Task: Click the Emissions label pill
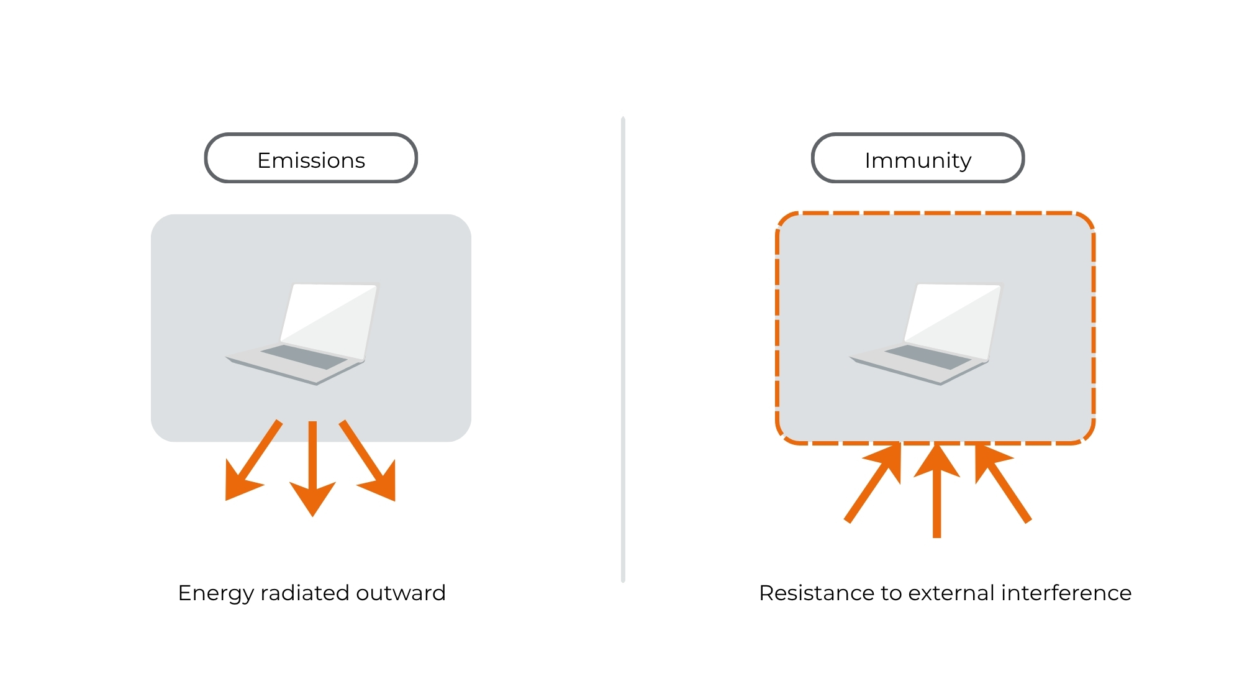tap(310, 158)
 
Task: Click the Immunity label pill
tap(917, 158)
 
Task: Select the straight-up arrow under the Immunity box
tap(936, 491)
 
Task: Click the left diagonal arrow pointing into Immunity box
tap(873, 485)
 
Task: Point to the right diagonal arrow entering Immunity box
tap(1003, 485)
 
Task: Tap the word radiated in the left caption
tap(305, 593)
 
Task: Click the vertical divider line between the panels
tap(623, 348)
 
